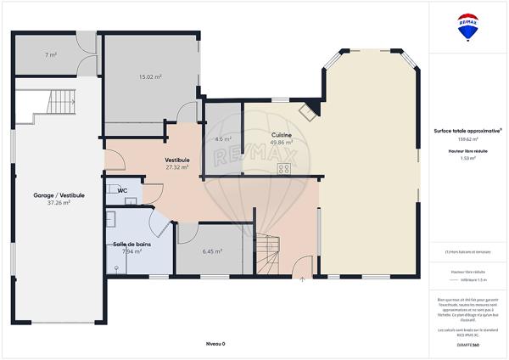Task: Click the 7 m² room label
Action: pos(51,55)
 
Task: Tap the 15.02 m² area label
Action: pos(150,77)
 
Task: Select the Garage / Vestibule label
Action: pos(51,194)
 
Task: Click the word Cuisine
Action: pos(282,136)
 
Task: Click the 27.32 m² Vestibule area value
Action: pos(177,167)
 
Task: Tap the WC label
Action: pos(122,190)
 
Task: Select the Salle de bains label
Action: pos(131,245)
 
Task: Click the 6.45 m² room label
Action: pos(212,251)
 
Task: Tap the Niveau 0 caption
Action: pos(216,344)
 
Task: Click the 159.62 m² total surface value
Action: pos(467,138)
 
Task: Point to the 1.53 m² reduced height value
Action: pos(467,158)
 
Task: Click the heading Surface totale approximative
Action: pos(467,130)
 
